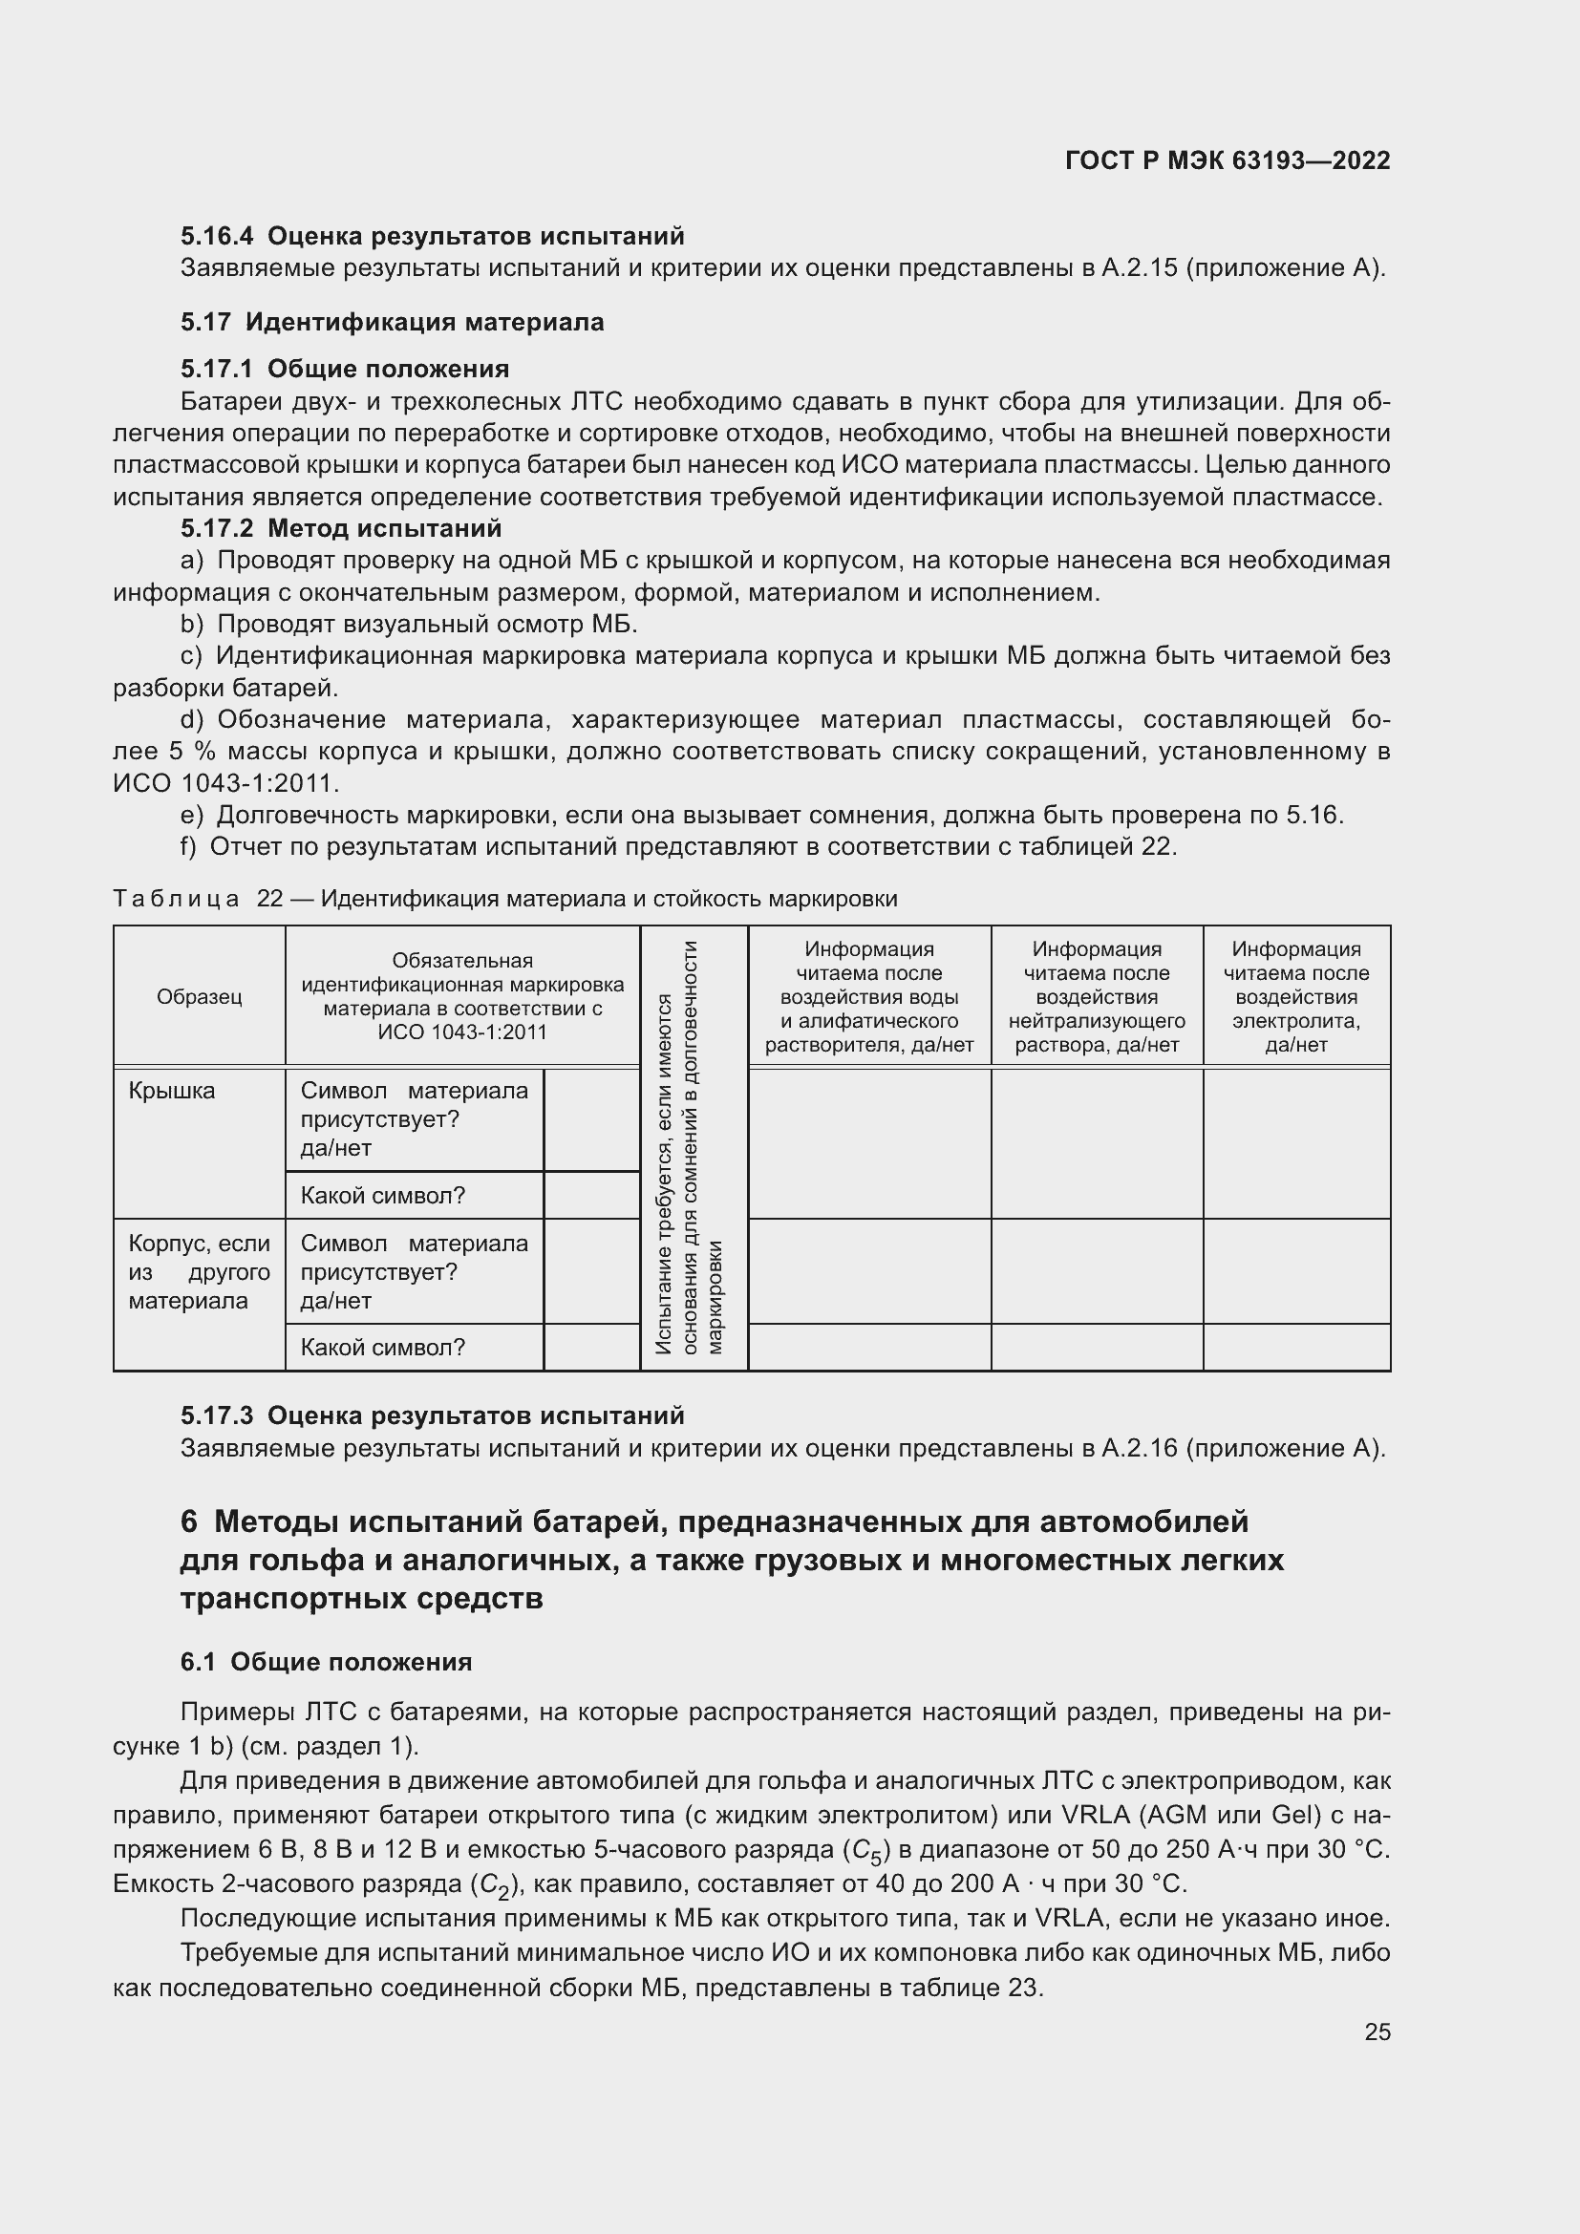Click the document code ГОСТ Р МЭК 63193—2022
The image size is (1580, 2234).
coord(1227,160)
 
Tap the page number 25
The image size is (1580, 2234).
coord(1377,2032)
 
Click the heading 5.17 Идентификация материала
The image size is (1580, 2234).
coord(392,322)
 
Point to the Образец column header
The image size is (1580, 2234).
coord(200,996)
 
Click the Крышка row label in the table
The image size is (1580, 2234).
coord(172,1091)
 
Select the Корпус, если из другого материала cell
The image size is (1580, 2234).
coord(199,1271)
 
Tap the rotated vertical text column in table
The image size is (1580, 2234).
coord(693,1148)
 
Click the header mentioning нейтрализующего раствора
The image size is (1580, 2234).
coord(1097,996)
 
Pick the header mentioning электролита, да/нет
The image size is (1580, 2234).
coord(1296,996)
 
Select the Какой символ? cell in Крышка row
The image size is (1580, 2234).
coord(383,1196)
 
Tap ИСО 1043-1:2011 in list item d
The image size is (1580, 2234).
coord(225,783)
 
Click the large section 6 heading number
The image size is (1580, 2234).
coord(189,1521)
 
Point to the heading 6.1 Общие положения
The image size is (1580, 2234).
coord(326,1662)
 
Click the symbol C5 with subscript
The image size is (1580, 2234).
coord(868,1851)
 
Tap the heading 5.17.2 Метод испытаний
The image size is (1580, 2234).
coord(340,528)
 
